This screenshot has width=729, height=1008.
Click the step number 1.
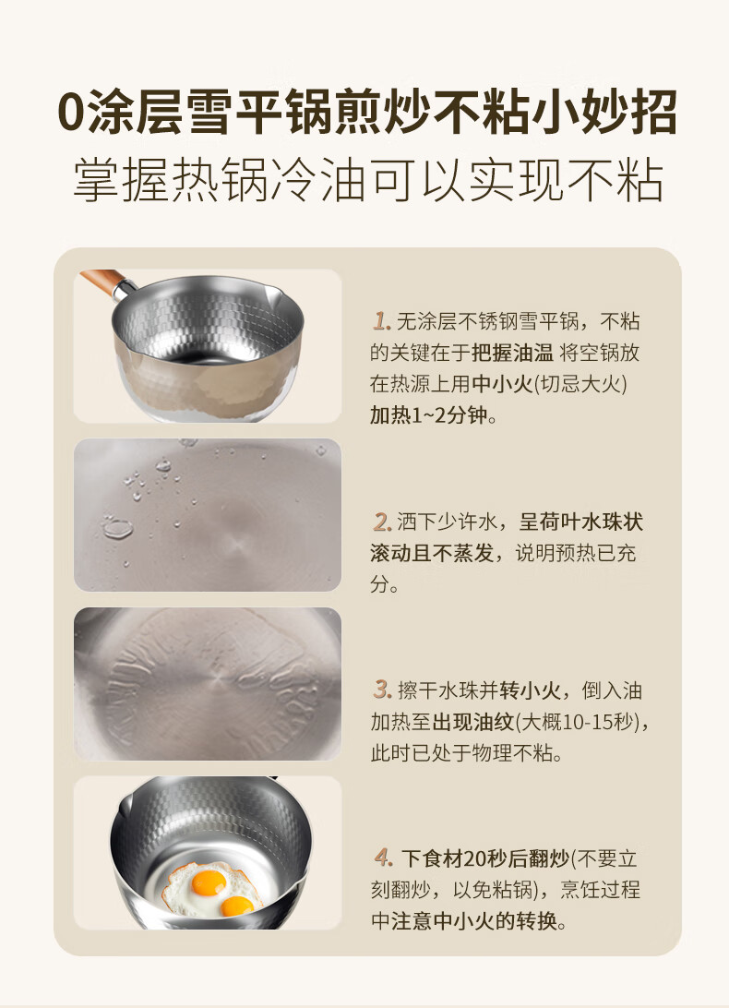tap(381, 321)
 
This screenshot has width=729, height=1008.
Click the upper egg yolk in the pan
tap(209, 882)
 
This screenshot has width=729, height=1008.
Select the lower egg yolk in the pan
tap(237, 906)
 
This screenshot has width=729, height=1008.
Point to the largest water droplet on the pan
tap(117, 528)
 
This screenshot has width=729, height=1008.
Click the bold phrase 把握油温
tap(512, 353)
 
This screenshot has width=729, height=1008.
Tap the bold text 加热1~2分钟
tap(429, 415)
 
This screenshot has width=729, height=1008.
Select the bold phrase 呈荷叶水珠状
tap(580, 522)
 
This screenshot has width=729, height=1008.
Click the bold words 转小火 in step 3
tap(530, 690)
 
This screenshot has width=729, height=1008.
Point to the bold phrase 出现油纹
tap(473, 721)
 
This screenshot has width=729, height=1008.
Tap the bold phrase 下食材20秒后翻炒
tap(486, 858)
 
